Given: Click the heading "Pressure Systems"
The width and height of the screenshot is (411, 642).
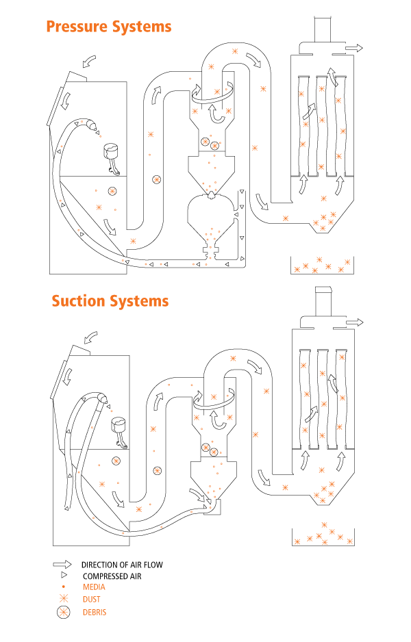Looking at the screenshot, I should [108, 27].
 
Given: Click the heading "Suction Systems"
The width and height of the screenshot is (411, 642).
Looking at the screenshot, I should [110, 301].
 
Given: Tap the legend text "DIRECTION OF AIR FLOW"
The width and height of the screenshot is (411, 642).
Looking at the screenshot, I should [122, 565].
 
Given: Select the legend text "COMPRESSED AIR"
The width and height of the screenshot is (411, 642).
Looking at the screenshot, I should [116, 576].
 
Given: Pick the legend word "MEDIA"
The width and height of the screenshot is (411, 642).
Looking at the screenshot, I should [94, 587].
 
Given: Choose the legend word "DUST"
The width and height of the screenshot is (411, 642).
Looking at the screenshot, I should [91, 599].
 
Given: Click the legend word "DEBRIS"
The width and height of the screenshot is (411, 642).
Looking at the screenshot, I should [95, 612].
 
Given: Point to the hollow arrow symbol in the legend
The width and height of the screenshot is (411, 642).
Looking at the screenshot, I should [62, 565].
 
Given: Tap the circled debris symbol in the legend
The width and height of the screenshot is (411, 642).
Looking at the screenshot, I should [63, 612].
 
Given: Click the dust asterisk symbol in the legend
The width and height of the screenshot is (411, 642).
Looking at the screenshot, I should [63, 599].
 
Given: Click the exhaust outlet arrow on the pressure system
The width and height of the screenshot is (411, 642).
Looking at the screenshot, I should [355, 49].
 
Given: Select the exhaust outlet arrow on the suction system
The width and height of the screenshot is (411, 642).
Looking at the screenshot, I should [355, 321].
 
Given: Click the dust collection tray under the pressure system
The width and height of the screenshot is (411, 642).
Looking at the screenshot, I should [322, 266].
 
